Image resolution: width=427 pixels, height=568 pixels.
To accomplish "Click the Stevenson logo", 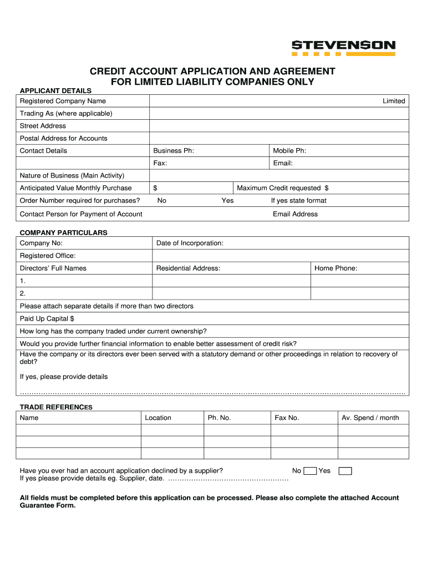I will tap(343, 48).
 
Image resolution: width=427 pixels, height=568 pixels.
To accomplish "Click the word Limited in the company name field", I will tap(394, 101).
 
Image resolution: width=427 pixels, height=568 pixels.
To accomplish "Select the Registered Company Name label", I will tap(63, 101).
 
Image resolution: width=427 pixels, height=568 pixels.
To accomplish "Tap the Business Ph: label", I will tap(174, 151).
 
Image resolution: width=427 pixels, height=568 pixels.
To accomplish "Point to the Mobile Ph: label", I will tap(289, 151).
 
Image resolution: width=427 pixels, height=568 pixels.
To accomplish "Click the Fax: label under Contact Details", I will tap(160, 163).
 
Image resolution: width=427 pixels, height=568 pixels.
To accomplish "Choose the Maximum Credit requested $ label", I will tap(283, 188).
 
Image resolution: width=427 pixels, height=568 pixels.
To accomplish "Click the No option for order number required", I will tap(162, 201).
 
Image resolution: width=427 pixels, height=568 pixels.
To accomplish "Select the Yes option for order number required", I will tap(227, 201).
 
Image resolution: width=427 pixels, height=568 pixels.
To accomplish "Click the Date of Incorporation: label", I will tap(190, 243).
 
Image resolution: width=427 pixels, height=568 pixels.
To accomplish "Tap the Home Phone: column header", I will tap(335, 268).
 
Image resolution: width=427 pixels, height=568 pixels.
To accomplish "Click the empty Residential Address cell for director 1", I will tap(231, 281).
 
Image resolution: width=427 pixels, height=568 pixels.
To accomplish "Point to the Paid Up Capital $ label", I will tap(47, 319).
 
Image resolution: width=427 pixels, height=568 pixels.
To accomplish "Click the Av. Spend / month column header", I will tap(370, 418).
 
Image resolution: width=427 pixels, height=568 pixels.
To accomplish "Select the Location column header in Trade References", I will tap(158, 418).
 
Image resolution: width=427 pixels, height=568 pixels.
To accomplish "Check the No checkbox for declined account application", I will tap(311, 471).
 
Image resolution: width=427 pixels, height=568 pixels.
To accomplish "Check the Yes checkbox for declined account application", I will tap(345, 471).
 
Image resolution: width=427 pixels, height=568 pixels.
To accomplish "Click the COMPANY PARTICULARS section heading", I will tap(64, 233).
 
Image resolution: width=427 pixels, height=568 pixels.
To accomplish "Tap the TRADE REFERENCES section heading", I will tap(56, 407).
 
